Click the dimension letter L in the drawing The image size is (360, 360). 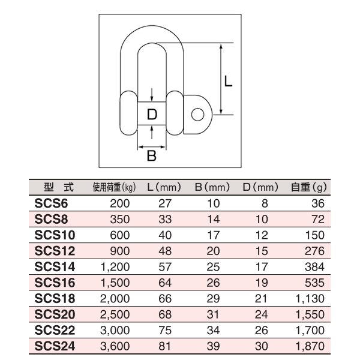coord(228,80)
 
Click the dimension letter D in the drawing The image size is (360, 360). coord(152,113)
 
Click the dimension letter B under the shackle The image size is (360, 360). coord(152,157)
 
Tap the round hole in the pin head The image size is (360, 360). coord(197,113)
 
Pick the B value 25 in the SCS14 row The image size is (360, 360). coord(215,266)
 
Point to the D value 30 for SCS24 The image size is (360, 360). coord(262,345)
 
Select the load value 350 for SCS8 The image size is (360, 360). coord(121,218)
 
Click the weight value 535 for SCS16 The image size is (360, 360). coord(316,281)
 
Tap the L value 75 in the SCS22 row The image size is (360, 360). coord(164,329)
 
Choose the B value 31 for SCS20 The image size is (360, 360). coord(215,313)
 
